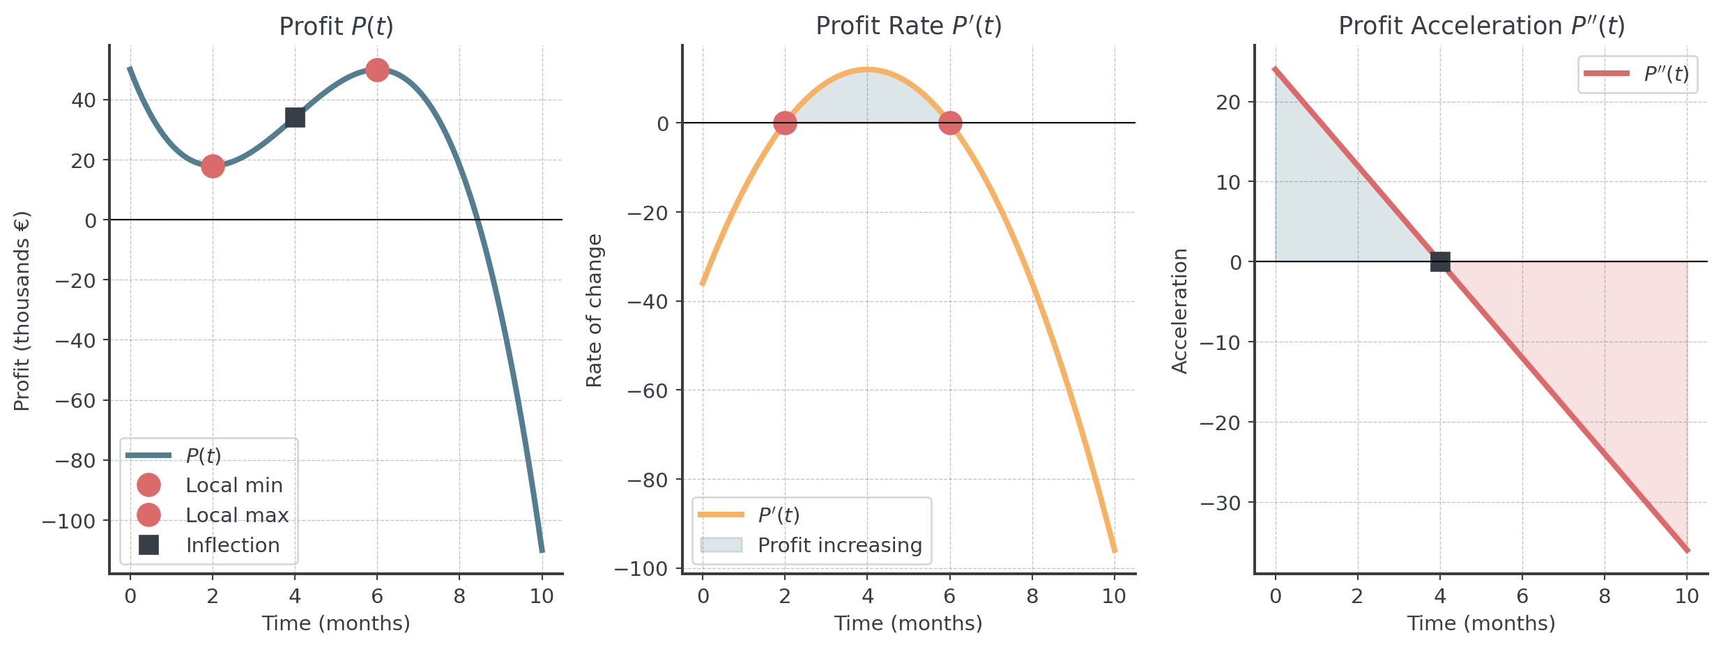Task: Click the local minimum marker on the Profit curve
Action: (213, 166)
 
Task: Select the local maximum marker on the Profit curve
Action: (377, 70)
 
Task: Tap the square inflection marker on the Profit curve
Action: (295, 118)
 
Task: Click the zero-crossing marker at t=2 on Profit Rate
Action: (785, 123)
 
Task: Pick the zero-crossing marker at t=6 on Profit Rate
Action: (950, 123)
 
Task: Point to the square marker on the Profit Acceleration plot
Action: (1440, 262)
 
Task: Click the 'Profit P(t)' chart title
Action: (336, 26)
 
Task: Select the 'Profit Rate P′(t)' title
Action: (908, 26)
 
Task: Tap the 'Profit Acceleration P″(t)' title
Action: (1481, 26)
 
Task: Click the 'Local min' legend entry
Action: (234, 485)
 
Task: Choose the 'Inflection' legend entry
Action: (232, 545)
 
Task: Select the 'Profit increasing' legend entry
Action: (839, 545)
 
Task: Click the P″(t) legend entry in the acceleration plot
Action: (1665, 74)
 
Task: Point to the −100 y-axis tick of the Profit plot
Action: (70, 521)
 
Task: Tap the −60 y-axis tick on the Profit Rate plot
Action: (648, 390)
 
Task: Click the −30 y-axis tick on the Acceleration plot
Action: (1221, 503)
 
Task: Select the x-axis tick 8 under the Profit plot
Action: (459, 596)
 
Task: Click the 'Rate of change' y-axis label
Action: (594, 310)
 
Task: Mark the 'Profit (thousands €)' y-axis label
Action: (22, 310)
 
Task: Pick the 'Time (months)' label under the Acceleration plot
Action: (1481, 623)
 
